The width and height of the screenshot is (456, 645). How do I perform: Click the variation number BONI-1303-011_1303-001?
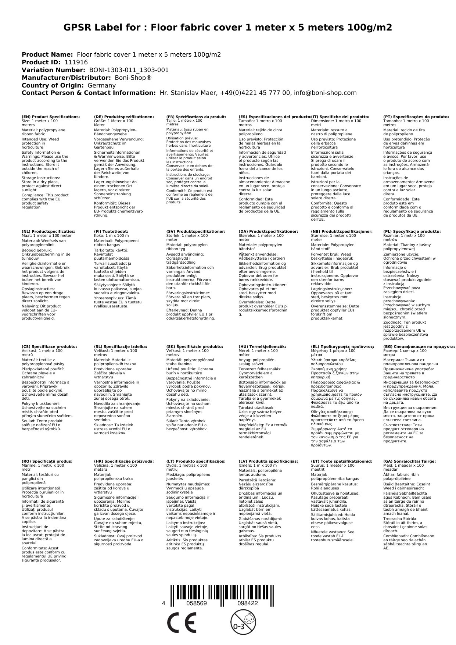pos(129,70)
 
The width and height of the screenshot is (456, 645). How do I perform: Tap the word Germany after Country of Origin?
pos(101,85)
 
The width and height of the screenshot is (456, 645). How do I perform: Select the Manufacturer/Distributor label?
pos(66,78)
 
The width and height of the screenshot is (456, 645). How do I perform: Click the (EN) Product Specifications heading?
pos(51,117)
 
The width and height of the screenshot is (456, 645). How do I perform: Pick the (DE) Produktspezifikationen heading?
pos(124,117)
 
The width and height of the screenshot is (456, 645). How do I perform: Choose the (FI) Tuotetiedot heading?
pos(111,231)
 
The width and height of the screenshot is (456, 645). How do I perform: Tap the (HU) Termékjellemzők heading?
pos(262,346)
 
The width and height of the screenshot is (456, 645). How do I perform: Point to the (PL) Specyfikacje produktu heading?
pos(412,231)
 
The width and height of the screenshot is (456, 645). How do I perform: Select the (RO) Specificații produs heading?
pos(47,461)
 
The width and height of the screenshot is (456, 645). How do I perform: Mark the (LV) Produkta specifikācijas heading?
pos(268,461)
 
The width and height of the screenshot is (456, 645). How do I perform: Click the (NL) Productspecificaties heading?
pos(48,231)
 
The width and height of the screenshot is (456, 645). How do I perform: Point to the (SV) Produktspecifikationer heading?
pos(195,231)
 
